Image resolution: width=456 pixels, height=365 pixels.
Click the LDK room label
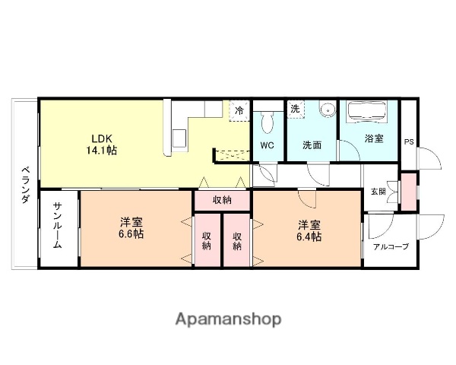coord(103,138)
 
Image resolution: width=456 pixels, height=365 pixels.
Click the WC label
coord(267,144)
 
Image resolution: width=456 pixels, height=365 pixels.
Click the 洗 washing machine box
coord(295,109)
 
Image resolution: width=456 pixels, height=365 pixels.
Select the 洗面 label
coord(312,144)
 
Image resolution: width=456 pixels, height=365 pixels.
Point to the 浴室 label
coord(374,138)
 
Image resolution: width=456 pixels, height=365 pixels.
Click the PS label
coord(409,141)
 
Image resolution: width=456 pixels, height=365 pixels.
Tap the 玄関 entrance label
coord(378,191)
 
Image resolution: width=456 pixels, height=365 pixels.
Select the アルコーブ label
coord(390,246)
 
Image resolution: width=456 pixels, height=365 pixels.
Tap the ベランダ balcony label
coord(24,184)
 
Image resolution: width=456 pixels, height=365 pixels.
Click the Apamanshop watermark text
coord(228,319)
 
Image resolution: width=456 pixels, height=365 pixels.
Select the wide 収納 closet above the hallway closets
coord(222,200)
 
